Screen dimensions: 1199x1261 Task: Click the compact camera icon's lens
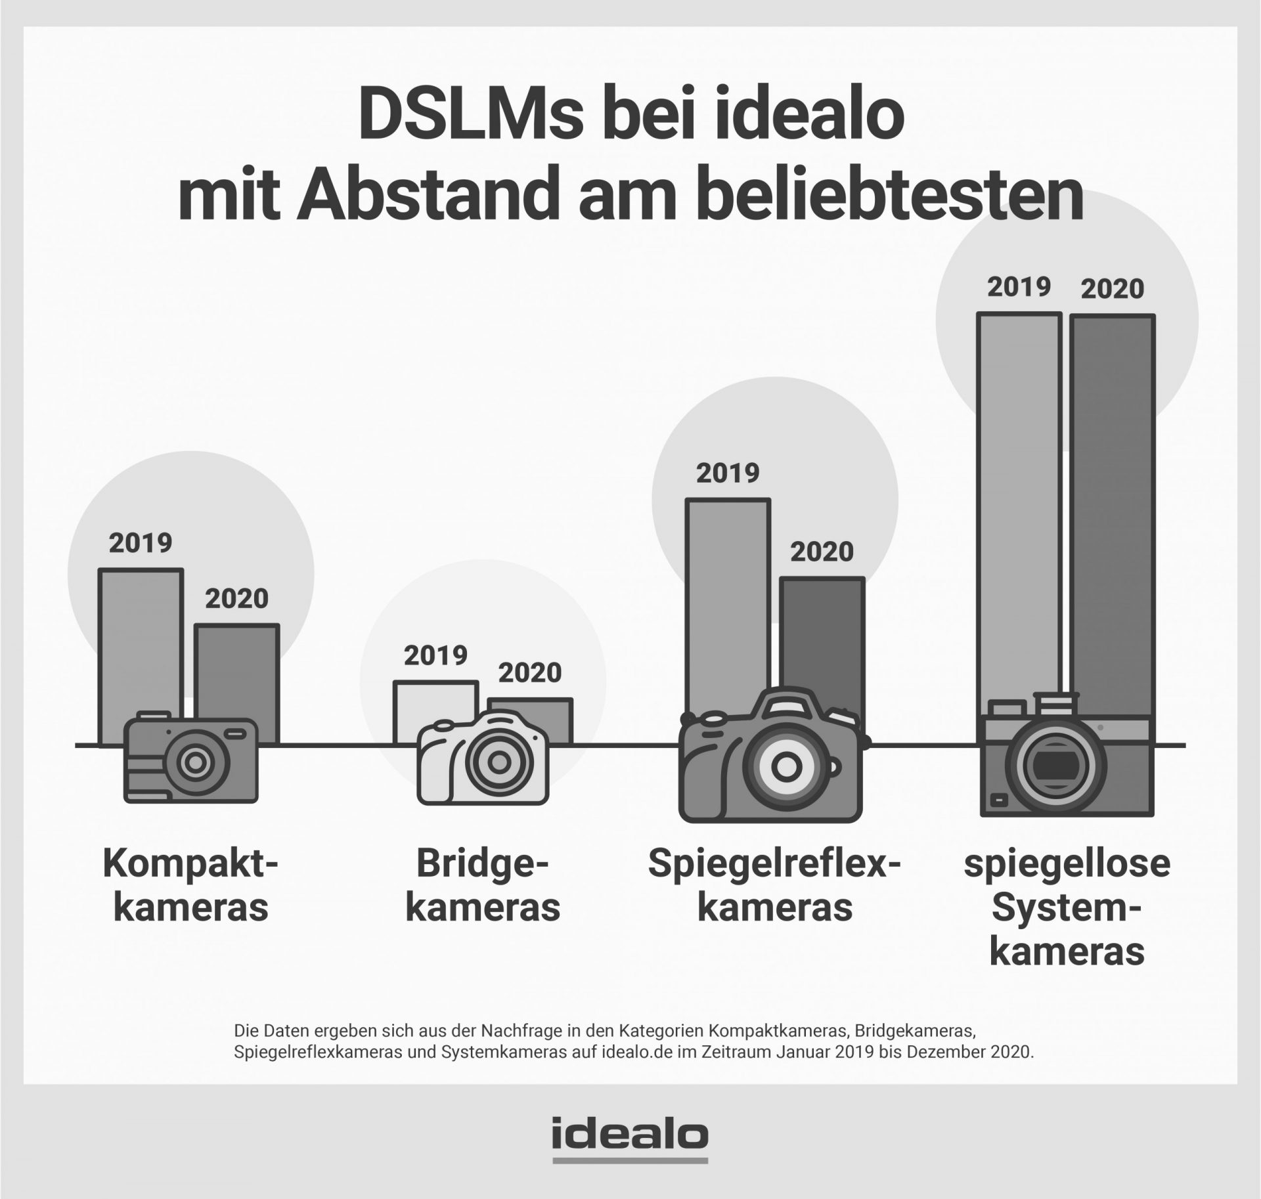point(194,762)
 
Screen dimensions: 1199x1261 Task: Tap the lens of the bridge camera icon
point(498,763)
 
